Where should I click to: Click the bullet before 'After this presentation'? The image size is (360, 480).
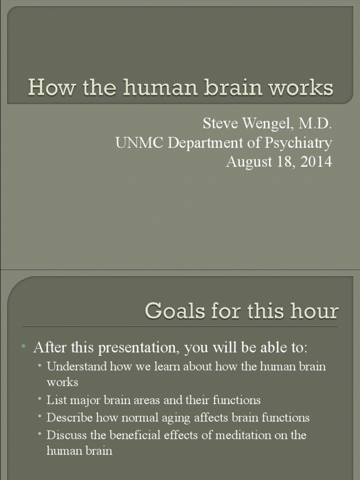point(23,346)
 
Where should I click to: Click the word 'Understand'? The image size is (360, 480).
point(77,366)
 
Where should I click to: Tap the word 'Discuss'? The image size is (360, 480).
point(64,435)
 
